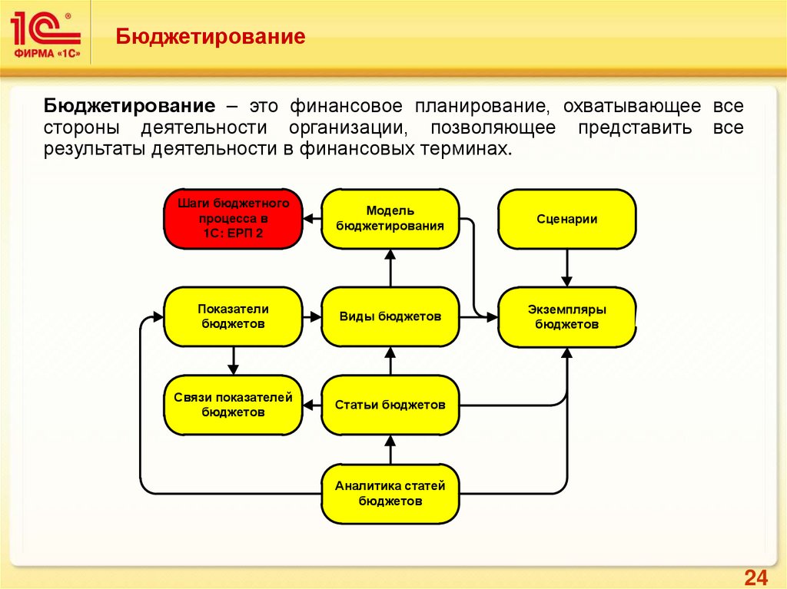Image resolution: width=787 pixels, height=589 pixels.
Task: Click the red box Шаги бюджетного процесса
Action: click(x=232, y=219)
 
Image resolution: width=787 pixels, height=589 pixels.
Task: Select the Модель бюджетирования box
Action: click(x=390, y=219)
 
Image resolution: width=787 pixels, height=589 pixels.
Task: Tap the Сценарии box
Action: click(x=567, y=219)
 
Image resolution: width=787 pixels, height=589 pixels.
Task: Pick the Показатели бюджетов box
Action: click(x=232, y=316)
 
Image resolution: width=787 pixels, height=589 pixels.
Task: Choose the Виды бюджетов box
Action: click(x=390, y=316)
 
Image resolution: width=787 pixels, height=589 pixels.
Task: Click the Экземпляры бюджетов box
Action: click(x=567, y=316)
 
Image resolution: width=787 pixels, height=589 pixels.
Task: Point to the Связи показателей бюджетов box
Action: click(x=232, y=405)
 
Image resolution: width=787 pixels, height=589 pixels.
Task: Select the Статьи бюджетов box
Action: click(x=390, y=405)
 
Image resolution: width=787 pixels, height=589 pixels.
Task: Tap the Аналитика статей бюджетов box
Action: click(x=390, y=494)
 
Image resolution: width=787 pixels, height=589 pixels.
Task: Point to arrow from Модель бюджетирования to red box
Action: click(x=310, y=219)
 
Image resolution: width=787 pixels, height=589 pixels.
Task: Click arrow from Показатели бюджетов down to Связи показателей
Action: click(x=232, y=359)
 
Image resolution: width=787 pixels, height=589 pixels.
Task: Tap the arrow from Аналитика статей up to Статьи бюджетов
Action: click(x=390, y=448)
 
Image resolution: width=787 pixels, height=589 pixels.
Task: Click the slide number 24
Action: click(x=756, y=577)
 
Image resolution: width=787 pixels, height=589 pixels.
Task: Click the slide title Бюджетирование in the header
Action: click(x=211, y=36)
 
